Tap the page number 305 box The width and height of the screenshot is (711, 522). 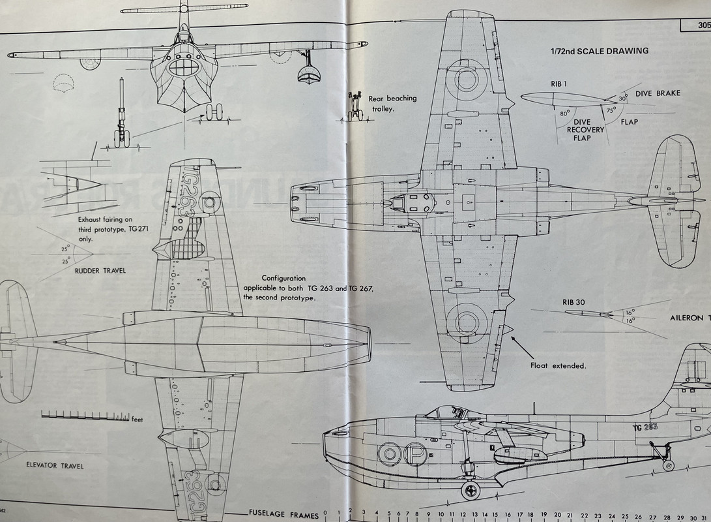point(695,26)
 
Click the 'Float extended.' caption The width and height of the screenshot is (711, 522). point(558,366)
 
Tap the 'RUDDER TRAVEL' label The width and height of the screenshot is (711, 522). point(101,271)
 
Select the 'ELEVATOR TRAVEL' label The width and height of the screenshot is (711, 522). point(56,466)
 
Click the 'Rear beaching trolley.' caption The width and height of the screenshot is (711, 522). point(392,103)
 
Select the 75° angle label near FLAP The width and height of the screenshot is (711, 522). point(611,110)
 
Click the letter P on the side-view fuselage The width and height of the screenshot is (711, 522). point(414,453)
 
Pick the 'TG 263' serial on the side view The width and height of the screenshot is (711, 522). point(644,426)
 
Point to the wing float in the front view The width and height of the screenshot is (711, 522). point(309,74)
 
